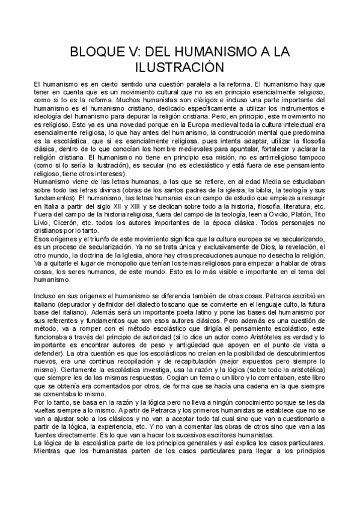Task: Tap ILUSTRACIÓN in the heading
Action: pos(180,67)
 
